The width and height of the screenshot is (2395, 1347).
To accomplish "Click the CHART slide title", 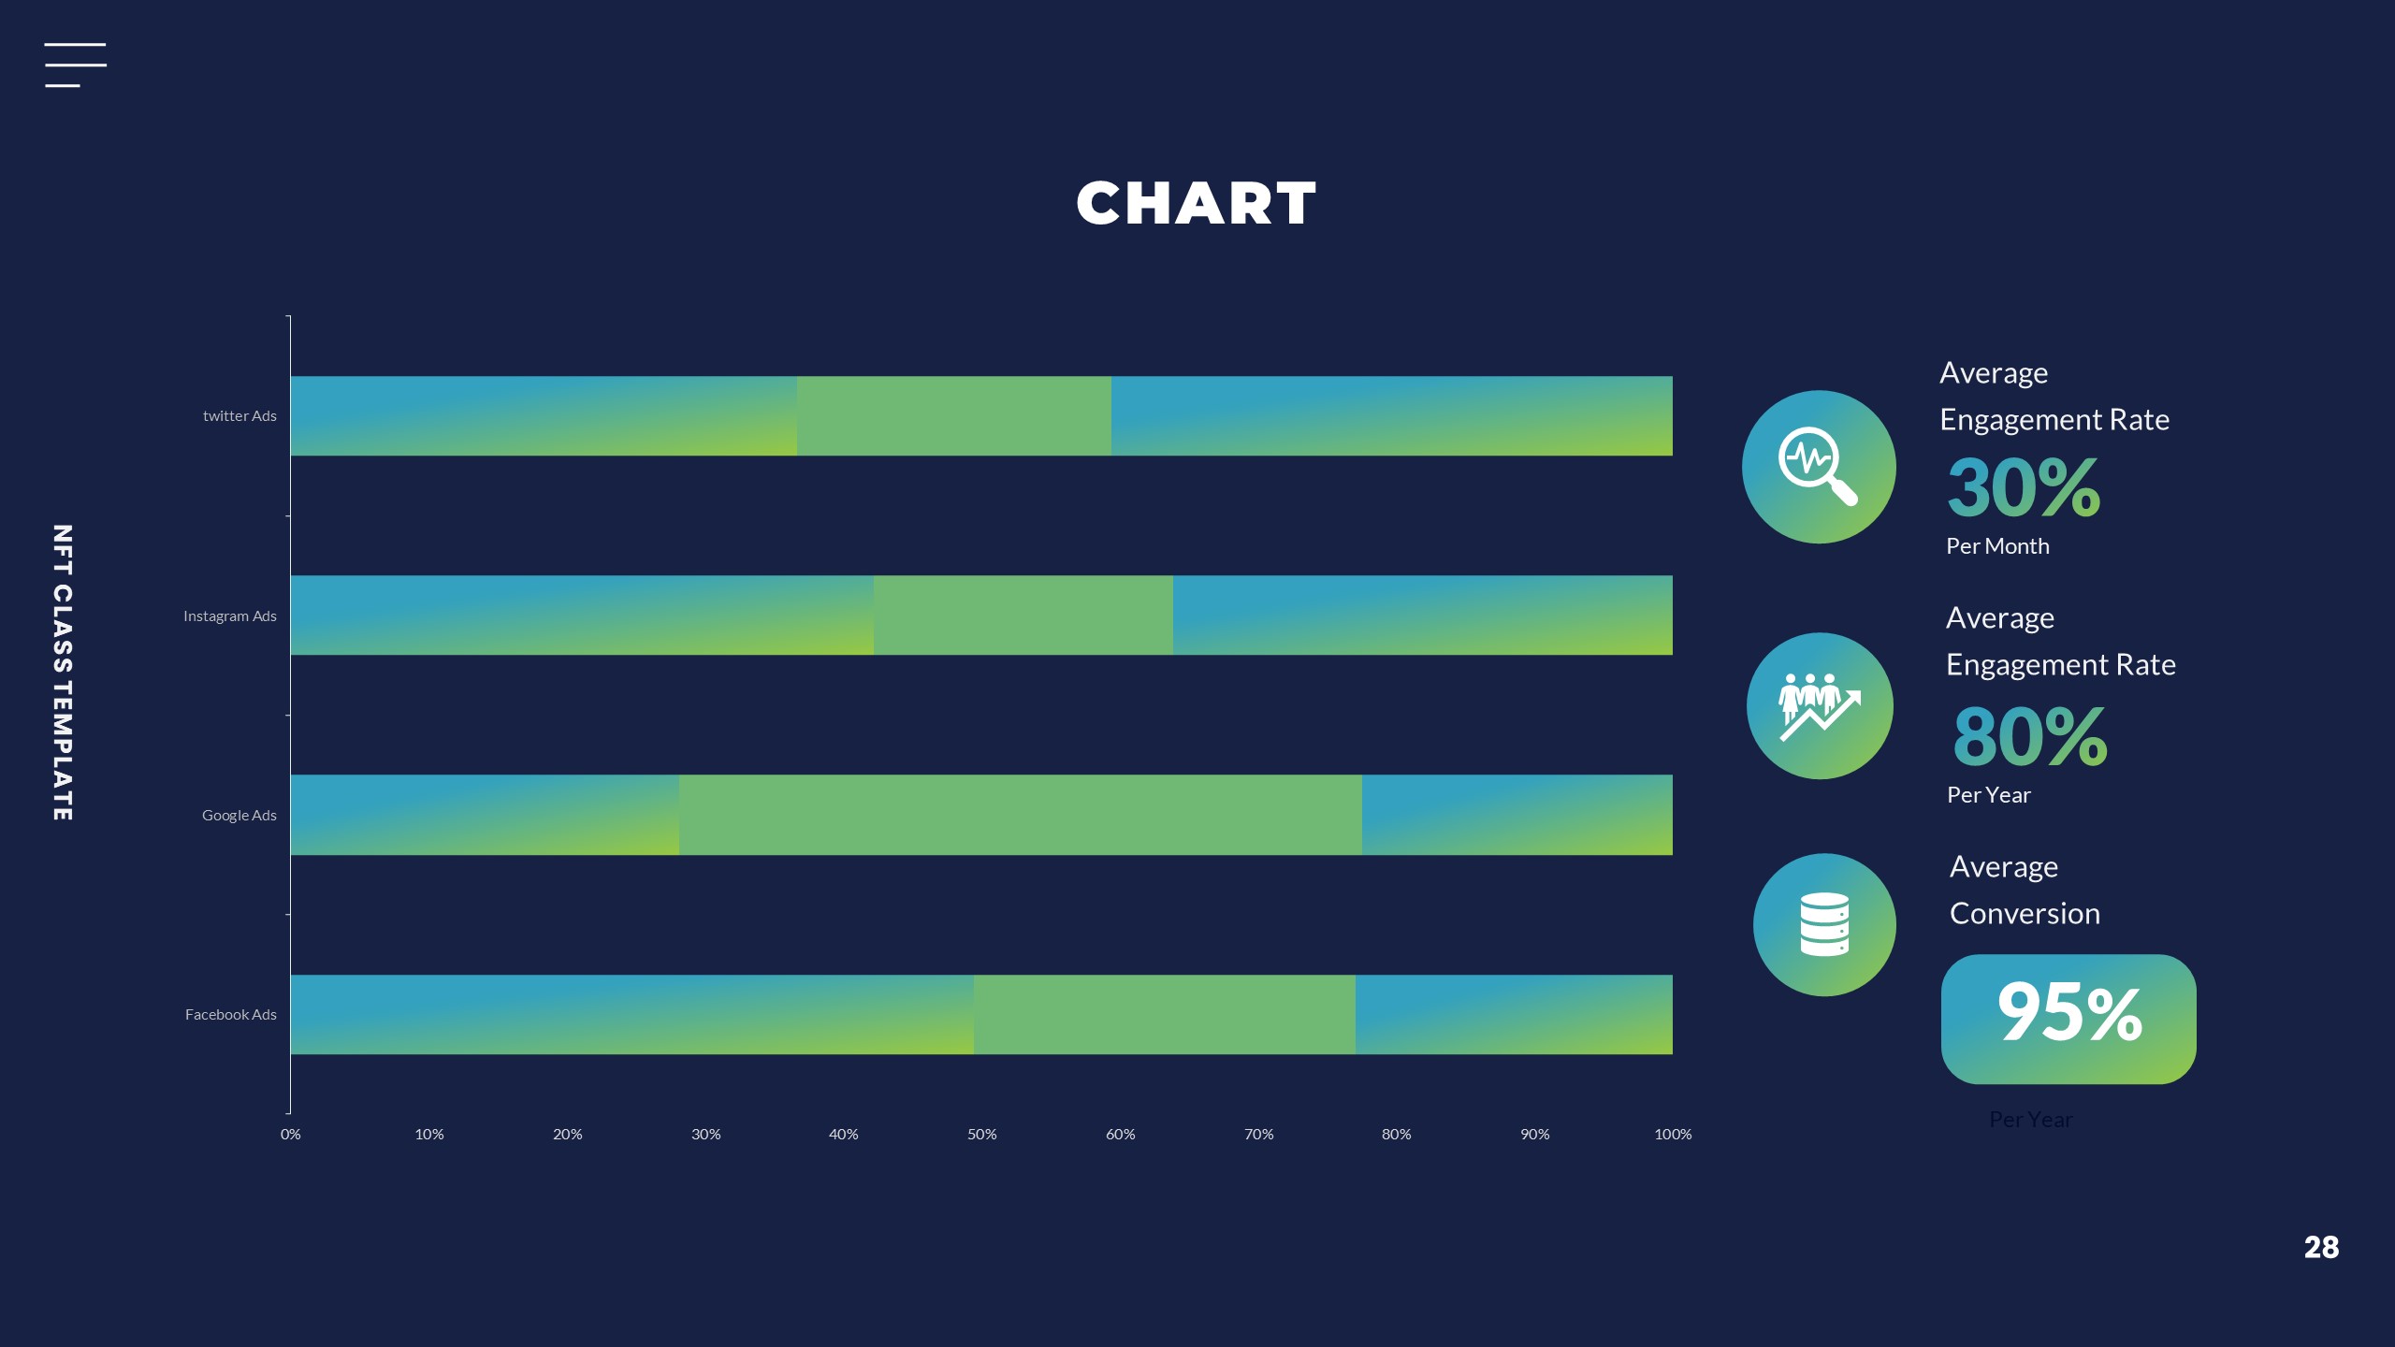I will click(1196, 204).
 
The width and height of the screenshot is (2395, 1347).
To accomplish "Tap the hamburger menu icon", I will click(75, 65).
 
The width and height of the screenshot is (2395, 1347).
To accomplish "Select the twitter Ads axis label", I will click(239, 416).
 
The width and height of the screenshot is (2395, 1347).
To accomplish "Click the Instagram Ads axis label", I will click(230, 616).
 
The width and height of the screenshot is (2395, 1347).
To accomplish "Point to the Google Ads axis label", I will click(239, 816).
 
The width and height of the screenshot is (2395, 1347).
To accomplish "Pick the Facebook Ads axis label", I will click(231, 1015).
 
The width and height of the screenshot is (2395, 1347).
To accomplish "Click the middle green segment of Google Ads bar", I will click(1020, 815).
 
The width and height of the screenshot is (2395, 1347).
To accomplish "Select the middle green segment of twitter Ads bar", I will click(954, 416).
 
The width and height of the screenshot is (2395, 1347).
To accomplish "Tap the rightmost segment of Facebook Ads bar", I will click(1514, 1015).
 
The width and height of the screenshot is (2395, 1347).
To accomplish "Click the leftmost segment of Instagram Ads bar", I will click(582, 616).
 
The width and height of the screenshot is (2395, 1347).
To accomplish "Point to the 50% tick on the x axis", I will click(981, 1134).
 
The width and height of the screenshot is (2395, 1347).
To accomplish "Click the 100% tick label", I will click(1673, 1134).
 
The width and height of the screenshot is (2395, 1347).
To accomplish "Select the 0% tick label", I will click(291, 1134).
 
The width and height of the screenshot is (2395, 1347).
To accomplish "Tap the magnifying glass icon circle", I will click(1819, 467).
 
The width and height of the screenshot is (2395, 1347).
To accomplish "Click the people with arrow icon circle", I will click(1820, 706).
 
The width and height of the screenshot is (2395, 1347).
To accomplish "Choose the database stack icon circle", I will click(1824, 925).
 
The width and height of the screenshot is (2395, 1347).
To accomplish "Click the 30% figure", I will click(2024, 487).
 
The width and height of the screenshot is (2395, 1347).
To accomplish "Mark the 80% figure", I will click(2030, 736).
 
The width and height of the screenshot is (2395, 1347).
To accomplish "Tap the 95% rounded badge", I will click(2068, 1019).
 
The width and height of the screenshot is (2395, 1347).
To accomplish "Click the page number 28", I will click(2321, 1247).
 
